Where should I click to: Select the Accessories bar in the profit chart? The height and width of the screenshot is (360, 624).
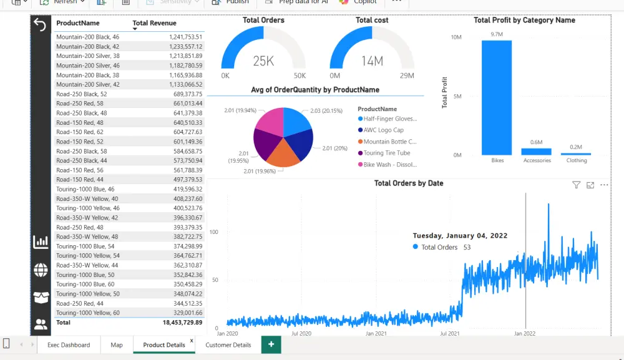coord(537,152)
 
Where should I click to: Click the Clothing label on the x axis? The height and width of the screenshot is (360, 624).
coord(577,160)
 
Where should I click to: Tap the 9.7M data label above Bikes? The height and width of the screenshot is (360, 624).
coord(497,34)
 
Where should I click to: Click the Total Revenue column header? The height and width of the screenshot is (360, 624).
coord(154,23)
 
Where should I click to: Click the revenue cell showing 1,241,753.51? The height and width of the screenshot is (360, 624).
coord(185,37)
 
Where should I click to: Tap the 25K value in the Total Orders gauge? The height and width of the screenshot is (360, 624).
coord(263,61)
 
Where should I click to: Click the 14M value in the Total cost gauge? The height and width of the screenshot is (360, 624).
coord(372,61)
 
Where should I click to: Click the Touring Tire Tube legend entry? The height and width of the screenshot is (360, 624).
coord(387,153)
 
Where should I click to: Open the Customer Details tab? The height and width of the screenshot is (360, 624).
coord(228,345)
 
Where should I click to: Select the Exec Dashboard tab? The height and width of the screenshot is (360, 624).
coord(69,345)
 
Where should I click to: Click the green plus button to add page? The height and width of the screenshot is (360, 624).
coord(271,344)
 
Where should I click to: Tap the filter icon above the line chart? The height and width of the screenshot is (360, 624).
coord(576,185)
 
